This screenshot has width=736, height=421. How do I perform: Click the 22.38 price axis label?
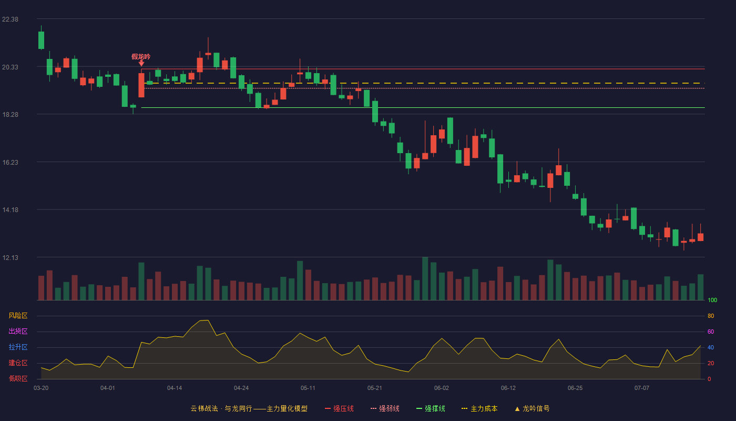10,19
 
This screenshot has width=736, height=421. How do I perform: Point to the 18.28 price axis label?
10,115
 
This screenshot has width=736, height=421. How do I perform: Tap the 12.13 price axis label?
10,257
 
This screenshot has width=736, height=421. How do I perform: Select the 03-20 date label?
41,388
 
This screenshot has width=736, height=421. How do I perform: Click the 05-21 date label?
374,388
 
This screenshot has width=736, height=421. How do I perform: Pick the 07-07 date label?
642,388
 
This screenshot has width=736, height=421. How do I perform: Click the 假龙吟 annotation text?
141,57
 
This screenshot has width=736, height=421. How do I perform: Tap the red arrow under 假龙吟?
141,63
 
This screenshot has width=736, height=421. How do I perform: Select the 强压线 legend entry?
339,408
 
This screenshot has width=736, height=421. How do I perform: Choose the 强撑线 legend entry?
431,408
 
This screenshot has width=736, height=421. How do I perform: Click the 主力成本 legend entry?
479,408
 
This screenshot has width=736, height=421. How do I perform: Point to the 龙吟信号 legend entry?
532,408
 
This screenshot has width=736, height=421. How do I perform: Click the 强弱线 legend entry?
385,408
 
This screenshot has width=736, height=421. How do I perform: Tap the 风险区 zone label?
18,315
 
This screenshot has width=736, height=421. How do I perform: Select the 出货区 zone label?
18,331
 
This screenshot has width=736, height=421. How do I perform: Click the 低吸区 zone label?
18,378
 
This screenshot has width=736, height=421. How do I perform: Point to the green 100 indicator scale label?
712,300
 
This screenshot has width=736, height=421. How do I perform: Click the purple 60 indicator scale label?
711,332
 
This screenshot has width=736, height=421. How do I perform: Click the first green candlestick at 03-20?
41,40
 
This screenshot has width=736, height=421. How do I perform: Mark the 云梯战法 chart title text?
205,408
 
